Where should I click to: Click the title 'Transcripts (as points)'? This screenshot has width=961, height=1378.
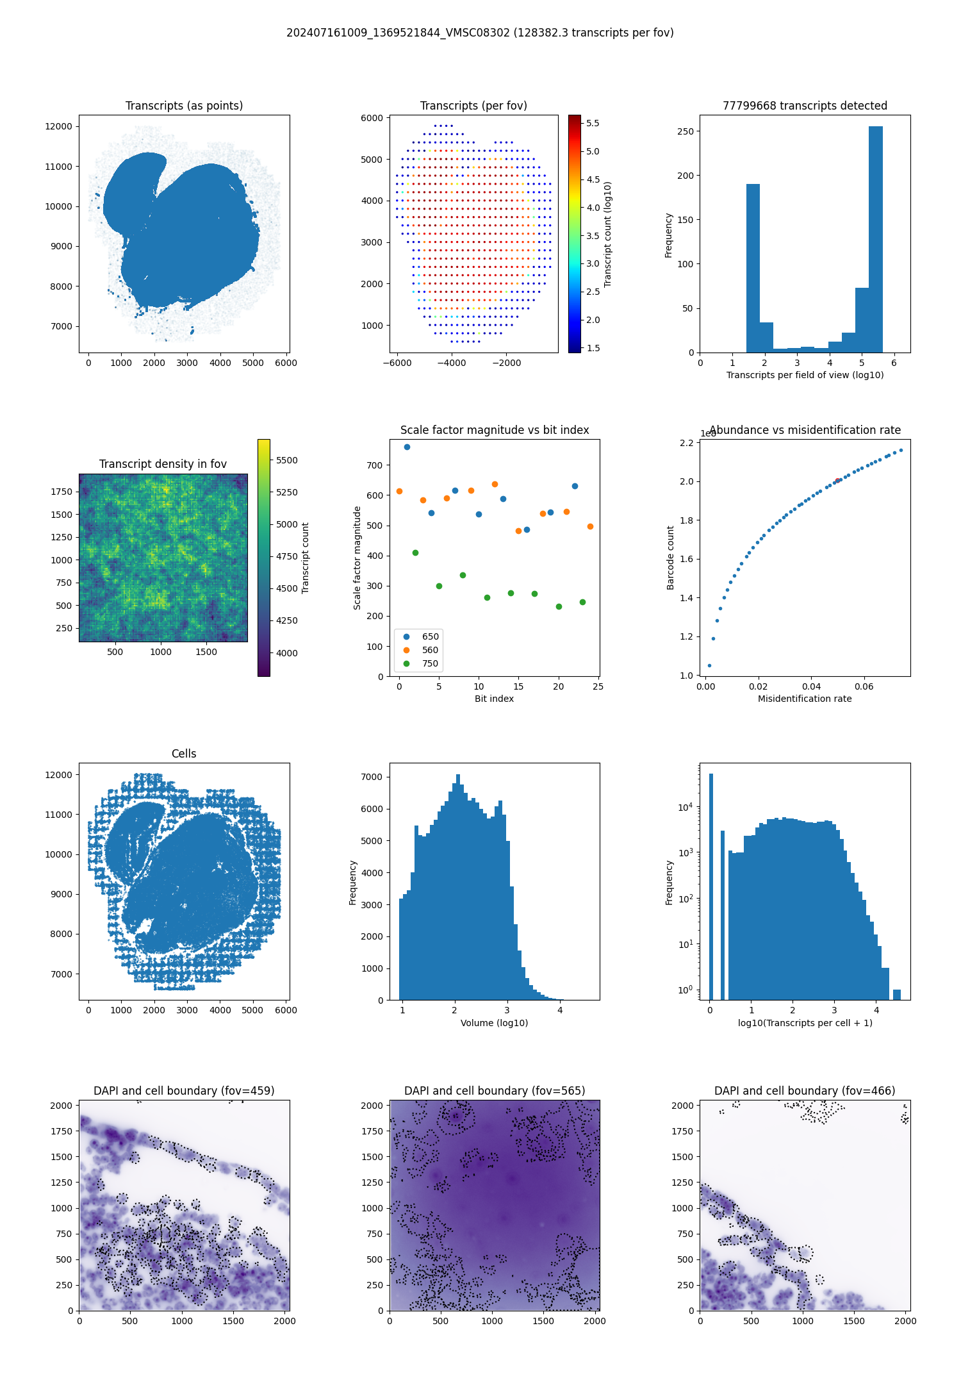[x=184, y=106]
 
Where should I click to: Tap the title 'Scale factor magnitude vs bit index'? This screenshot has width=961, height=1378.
[x=494, y=430]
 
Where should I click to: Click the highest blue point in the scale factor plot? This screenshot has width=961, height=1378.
[x=407, y=447]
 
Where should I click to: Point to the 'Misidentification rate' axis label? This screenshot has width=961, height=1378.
[x=805, y=699]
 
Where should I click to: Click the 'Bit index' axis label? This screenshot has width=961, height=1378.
[x=494, y=699]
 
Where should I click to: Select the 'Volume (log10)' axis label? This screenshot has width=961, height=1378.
[x=494, y=1023]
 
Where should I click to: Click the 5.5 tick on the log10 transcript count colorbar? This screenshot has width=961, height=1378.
[x=593, y=123]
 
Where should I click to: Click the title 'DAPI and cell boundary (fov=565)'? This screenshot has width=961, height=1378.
[x=494, y=1091]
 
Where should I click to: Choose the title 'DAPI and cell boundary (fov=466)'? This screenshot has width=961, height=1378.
[x=805, y=1091]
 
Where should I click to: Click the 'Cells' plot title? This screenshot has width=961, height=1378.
[x=184, y=754]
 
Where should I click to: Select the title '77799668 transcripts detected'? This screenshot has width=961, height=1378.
[x=805, y=106]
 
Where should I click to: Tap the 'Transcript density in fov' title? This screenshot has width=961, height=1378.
[x=163, y=464]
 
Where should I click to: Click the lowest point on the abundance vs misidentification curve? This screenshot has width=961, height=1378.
[x=709, y=665]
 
